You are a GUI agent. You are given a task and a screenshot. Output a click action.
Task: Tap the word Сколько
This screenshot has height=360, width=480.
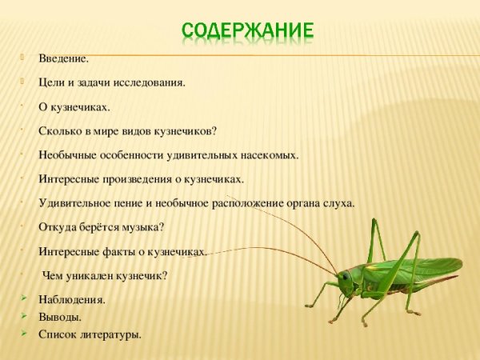click(x=57, y=130)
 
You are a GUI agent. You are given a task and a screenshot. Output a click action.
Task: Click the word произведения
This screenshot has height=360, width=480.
click(x=137, y=179)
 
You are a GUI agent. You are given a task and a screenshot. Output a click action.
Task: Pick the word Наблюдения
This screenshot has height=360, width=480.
click(x=71, y=300)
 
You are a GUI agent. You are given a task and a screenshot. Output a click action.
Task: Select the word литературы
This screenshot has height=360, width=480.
click(x=110, y=334)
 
